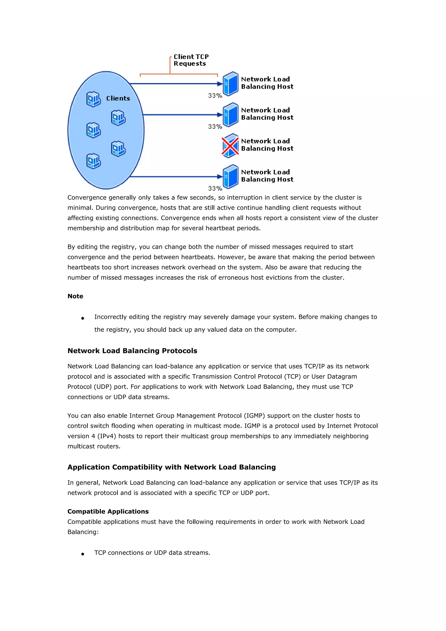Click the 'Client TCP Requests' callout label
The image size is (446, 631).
click(x=191, y=60)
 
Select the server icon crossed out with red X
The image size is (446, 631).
click(x=230, y=146)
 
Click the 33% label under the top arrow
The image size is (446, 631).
click(x=215, y=96)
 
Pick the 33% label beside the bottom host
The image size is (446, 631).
click(x=215, y=189)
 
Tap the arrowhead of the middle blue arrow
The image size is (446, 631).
click(x=220, y=115)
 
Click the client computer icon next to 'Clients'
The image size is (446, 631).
click(x=93, y=99)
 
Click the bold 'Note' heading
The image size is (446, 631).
click(x=75, y=296)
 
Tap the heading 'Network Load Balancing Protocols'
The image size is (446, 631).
click(x=132, y=351)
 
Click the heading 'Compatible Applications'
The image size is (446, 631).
click(x=108, y=511)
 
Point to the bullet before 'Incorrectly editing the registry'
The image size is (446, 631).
click(x=83, y=319)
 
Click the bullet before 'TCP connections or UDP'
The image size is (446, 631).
click(x=83, y=554)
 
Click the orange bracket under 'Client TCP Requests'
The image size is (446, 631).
click(x=179, y=74)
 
